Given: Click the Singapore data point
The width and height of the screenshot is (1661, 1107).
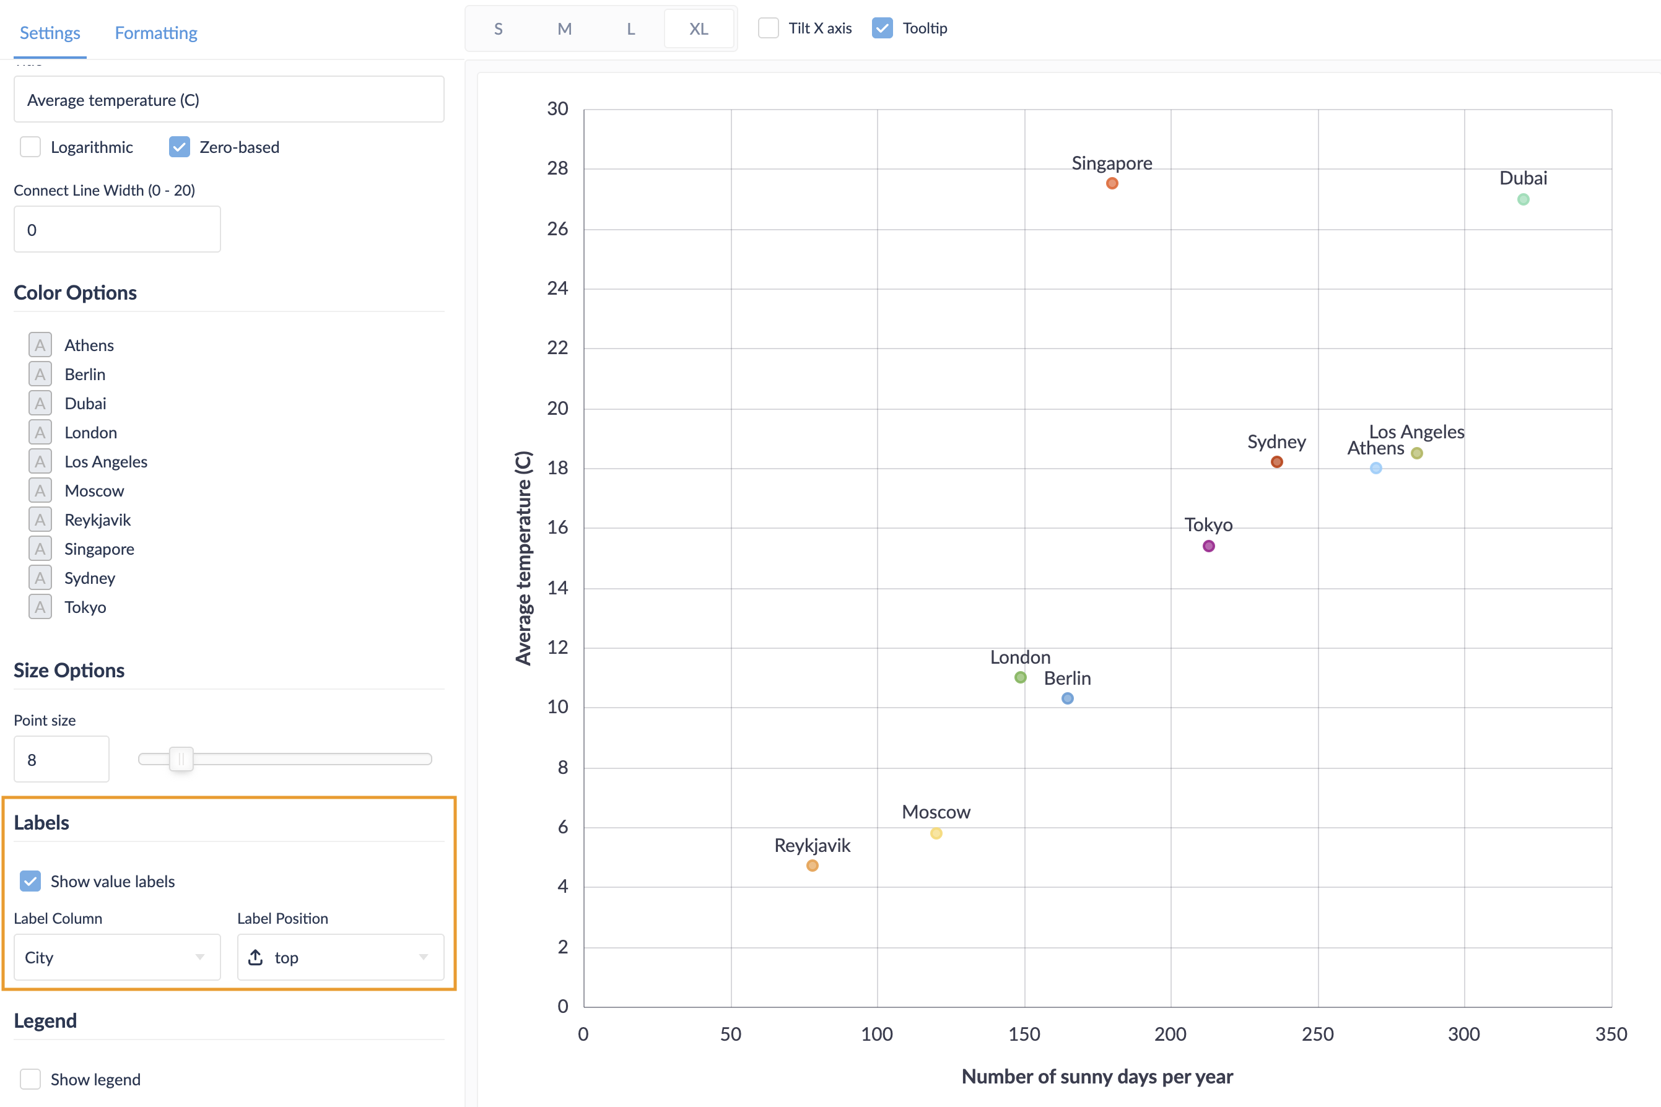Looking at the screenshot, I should click(x=1112, y=183).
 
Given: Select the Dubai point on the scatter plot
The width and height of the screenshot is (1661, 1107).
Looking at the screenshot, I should click(x=1522, y=199).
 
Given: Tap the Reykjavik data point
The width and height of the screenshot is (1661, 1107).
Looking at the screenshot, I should click(x=812, y=866).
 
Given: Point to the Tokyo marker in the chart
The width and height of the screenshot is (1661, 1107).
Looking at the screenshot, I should click(x=1208, y=545).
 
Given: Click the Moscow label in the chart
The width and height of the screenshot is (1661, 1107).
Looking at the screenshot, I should click(x=936, y=812).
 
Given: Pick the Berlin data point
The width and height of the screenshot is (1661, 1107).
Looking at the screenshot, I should click(x=1067, y=698).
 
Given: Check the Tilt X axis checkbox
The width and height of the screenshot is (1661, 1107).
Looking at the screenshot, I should click(x=769, y=28).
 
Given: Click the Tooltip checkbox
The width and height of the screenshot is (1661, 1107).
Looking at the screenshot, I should click(x=882, y=28).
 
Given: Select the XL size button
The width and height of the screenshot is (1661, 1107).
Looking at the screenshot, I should click(x=699, y=29).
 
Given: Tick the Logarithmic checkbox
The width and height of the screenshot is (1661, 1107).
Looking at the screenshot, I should click(x=30, y=147).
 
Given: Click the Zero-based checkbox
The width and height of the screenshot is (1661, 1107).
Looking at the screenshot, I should click(x=180, y=147).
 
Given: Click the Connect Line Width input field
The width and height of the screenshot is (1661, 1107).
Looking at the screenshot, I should click(x=117, y=230).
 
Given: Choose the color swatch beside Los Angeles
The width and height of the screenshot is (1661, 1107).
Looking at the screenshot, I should click(x=40, y=462).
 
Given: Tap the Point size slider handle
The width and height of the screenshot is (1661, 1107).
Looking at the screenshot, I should click(x=181, y=759).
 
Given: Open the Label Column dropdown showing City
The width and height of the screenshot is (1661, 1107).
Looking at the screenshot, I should click(x=117, y=957).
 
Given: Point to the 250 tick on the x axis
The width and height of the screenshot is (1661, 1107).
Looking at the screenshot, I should click(x=1317, y=1035).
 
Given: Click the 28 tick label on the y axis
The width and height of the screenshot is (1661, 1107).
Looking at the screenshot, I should click(x=557, y=168).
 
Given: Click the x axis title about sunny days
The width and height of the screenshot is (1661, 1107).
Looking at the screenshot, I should click(x=1097, y=1077).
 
